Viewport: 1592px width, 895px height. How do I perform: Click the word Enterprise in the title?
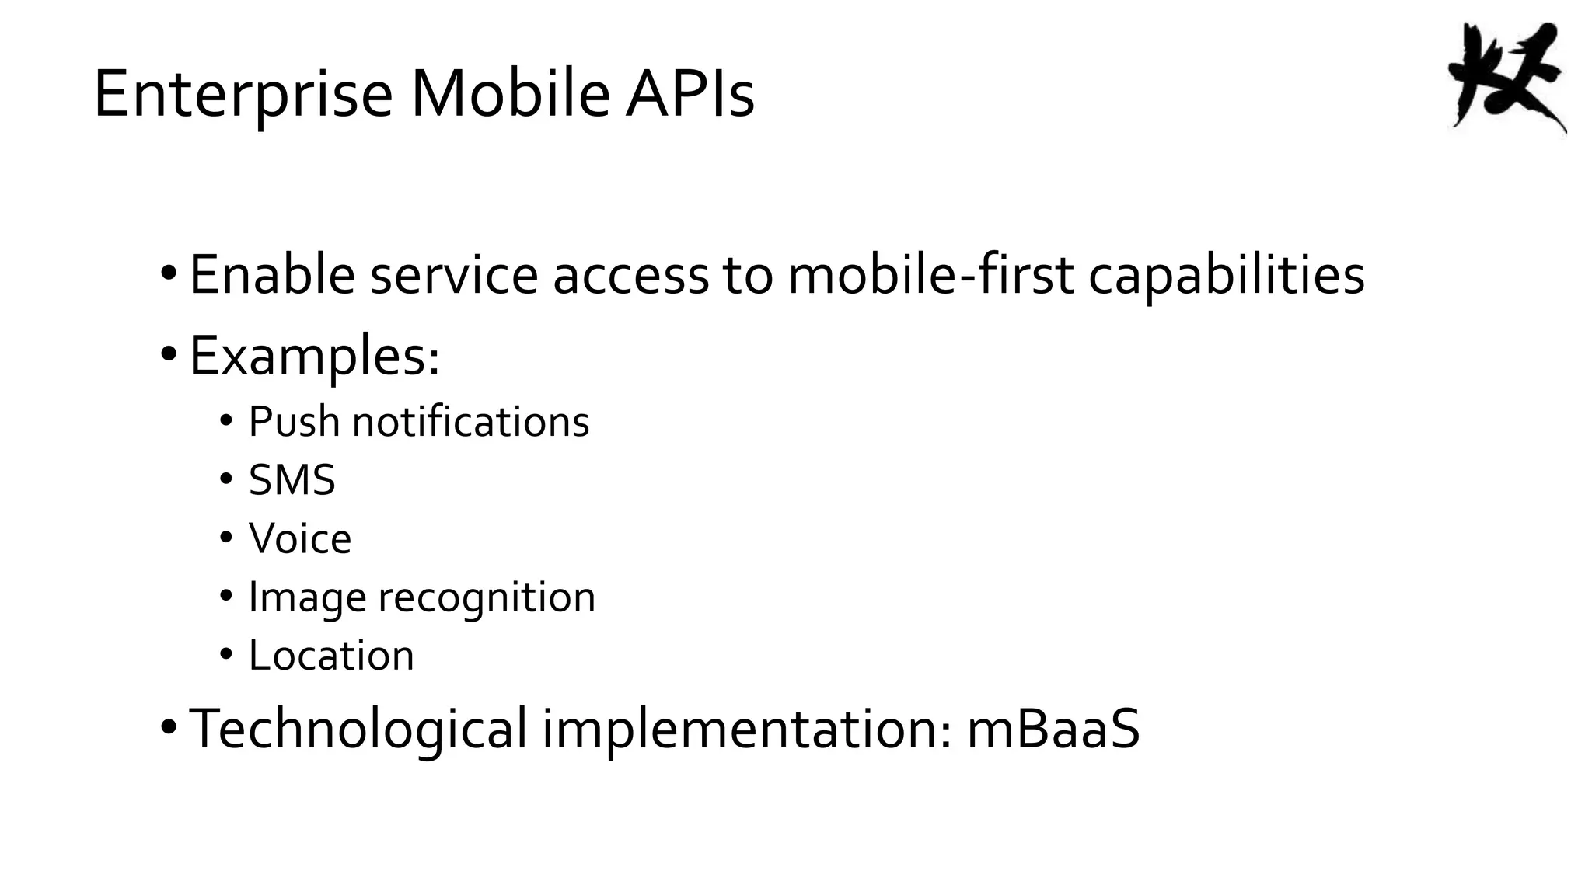click(243, 95)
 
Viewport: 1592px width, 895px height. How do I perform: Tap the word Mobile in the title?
click(511, 95)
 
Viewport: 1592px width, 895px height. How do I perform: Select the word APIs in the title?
click(690, 95)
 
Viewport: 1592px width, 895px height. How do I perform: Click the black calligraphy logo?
click(1506, 78)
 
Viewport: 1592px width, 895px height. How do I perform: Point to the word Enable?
click(272, 275)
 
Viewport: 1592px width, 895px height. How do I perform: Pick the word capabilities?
click(1226, 275)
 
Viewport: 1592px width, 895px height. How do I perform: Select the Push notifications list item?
click(418, 422)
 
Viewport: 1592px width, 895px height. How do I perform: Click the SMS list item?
click(292, 480)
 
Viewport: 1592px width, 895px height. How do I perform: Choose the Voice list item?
click(300, 538)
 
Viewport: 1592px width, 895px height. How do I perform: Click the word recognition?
click(487, 597)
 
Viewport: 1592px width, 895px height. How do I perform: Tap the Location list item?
click(331, 656)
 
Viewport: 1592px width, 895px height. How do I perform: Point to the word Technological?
click(358, 729)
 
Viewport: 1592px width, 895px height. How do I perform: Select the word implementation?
click(747, 729)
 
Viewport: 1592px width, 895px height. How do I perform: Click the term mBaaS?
click(1053, 729)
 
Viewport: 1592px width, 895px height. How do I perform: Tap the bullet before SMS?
click(226, 479)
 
